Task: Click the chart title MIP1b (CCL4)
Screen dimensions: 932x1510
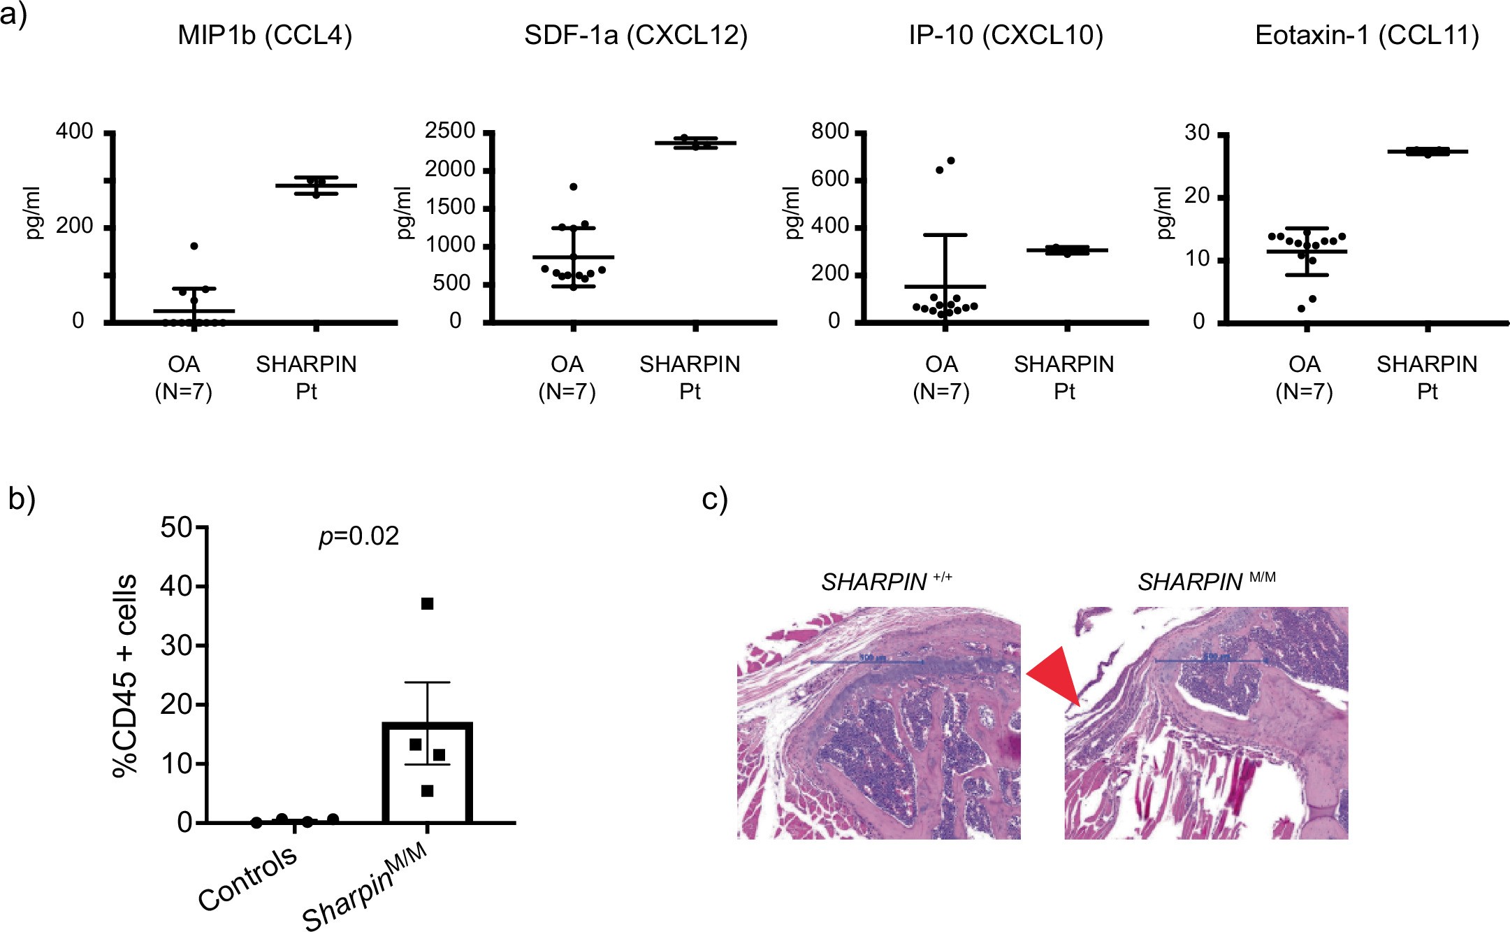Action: click(265, 36)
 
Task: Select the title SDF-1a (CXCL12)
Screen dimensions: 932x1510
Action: click(635, 36)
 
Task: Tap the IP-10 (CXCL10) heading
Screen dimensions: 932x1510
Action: click(1006, 36)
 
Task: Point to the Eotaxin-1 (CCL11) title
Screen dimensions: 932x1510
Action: click(1367, 36)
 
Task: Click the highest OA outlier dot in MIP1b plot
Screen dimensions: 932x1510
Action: click(194, 246)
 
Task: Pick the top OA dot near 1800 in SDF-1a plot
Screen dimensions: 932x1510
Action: click(574, 187)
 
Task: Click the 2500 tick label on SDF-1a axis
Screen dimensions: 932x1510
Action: click(450, 131)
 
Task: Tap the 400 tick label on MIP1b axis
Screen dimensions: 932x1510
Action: click(75, 131)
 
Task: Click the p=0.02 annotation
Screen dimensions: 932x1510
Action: click(358, 536)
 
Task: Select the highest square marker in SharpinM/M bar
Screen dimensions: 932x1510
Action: click(428, 603)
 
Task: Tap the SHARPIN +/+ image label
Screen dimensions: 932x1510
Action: click(886, 582)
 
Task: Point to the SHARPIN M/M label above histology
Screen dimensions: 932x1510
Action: click(1206, 582)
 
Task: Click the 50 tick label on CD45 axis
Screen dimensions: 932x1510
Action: click(176, 527)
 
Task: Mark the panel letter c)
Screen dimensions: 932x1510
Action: click(714, 499)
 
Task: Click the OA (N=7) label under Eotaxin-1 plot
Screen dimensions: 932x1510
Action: click(1304, 378)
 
